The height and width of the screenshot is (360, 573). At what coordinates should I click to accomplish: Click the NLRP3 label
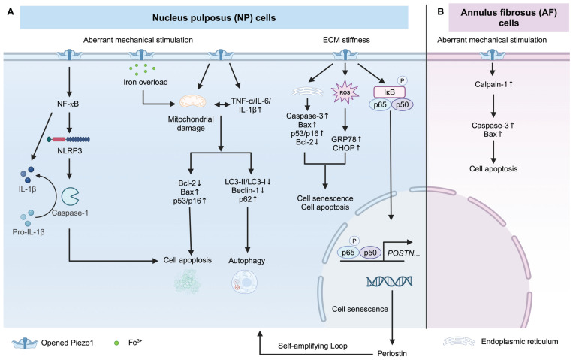(x=69, y=150)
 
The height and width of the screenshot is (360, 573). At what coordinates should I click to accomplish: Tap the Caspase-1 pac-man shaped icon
(x=70, y=196)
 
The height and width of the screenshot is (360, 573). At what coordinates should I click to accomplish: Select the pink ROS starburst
(x=345, y=92)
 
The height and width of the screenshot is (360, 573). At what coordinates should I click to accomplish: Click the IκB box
(x=390, y=92)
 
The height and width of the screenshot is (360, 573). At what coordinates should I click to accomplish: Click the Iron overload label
(x=146, y=82)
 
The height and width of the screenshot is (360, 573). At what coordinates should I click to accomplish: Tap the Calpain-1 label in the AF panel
(x=493, y=84)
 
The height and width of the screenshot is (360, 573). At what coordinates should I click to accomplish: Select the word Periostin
(x=392, y=353)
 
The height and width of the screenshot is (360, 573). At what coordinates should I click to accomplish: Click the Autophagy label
(x=246, y=261)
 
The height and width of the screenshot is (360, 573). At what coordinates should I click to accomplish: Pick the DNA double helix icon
(x=390, y=281)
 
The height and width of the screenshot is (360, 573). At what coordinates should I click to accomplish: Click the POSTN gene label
(x=403, y=253)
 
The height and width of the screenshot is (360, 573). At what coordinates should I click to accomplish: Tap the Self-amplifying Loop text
(x=312, y=346)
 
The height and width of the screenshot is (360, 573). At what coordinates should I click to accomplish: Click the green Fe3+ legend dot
(x=116, y=343)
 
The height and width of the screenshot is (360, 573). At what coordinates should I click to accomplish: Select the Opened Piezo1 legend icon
(x=25, y=343)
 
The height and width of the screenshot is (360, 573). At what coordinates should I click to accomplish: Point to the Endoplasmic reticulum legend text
(x=520, y=342)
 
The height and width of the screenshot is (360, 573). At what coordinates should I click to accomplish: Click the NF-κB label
(x=68, y=104)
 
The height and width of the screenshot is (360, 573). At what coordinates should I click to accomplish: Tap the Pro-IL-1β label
(x=29, y=232)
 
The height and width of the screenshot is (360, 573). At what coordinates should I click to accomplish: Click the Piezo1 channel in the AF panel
(x=492, y=56)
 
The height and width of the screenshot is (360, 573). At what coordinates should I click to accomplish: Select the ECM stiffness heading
(x=346, y=40)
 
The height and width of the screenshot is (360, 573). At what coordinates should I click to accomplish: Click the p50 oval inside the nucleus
(x=370, y=253)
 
